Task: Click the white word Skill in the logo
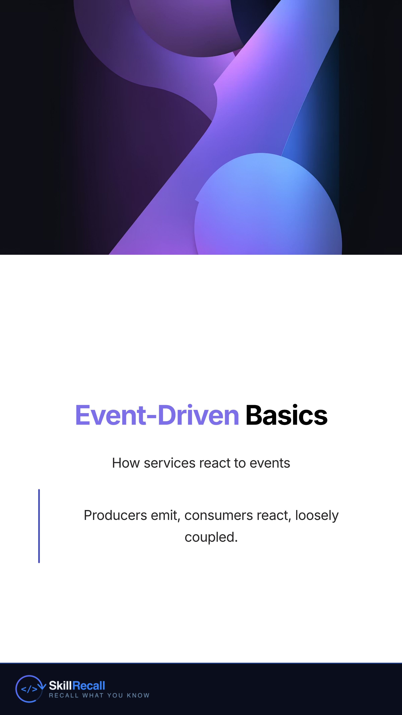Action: tap(60, 686)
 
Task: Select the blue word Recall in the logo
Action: tap(88, 686)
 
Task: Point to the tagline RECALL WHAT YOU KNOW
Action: tap(99, 695)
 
